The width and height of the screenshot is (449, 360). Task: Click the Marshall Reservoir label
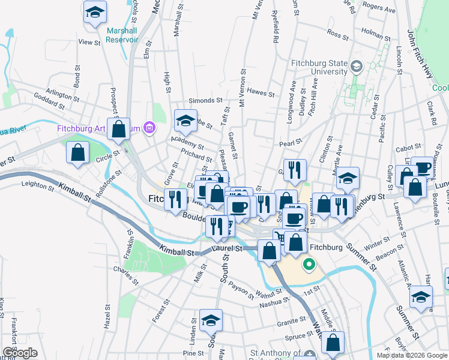122,35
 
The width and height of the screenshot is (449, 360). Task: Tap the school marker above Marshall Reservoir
95,13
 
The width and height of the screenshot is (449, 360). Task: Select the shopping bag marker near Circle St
78,152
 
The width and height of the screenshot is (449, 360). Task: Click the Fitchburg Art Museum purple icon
149,127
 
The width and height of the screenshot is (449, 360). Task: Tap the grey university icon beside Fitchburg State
357,66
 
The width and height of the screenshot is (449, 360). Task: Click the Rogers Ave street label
379,10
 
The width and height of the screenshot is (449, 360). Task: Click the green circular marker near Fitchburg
309,263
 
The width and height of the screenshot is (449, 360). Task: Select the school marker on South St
211,320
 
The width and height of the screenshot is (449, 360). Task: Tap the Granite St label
292,322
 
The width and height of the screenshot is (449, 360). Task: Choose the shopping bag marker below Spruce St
333,343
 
